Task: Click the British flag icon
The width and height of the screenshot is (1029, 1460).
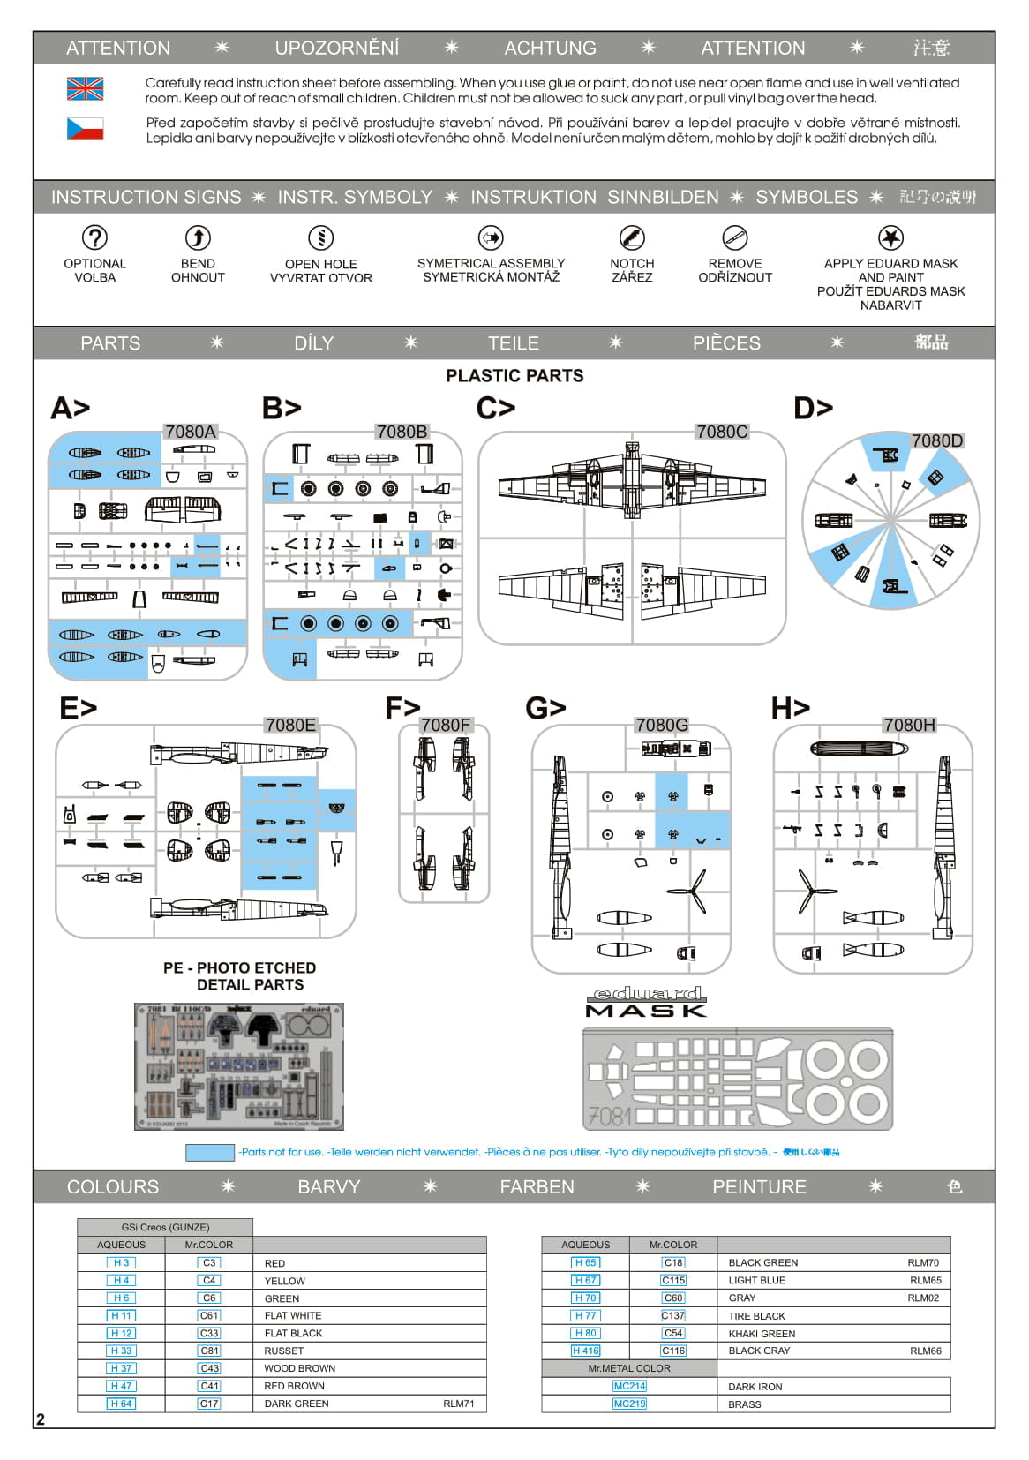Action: point(85,88)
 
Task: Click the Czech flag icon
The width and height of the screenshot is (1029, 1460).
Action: point(85,129)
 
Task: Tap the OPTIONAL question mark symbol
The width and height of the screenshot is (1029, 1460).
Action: point(94,237)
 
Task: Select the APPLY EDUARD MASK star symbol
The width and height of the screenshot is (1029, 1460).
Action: point(891,237)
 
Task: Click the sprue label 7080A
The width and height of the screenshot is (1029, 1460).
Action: point(191,432)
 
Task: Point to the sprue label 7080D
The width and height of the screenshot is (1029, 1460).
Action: point(937,440)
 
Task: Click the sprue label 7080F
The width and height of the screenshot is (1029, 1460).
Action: point(445,725)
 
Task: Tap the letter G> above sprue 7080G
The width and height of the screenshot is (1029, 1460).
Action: point(545,708)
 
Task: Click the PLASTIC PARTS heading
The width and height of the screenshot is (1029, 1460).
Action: point(514,376)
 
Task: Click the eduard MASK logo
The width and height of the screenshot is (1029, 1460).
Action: point(646,1002)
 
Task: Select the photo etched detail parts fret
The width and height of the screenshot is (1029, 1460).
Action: point(238,1065)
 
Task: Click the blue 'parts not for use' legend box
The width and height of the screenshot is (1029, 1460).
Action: point(210,1152)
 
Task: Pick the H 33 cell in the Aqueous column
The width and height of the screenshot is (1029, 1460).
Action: point(121,1351)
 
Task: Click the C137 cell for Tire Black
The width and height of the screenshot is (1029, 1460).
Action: point(673,1315)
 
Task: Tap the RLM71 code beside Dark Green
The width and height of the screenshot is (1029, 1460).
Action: point(458,1404)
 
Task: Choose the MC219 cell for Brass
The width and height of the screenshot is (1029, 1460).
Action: point(629,1404)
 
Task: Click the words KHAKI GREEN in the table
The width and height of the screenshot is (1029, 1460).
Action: point(762,1334)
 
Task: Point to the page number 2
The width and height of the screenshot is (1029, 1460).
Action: point(41,1419)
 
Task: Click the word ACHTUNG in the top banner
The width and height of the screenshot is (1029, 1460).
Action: point(550,49)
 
